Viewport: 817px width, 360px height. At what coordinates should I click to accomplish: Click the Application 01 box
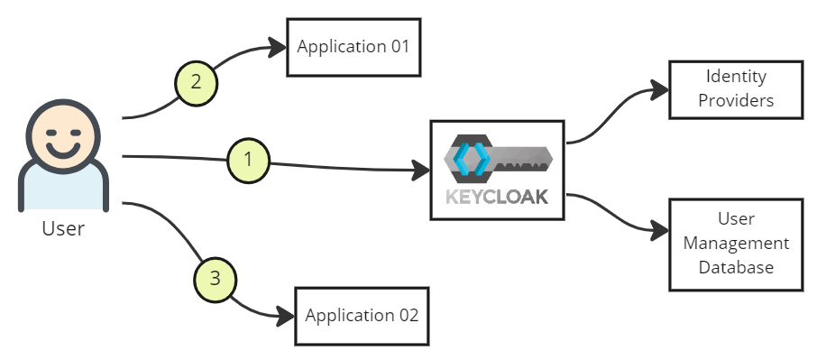[x=353, y=46]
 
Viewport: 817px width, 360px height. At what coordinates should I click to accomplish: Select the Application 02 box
[x=362, y=316]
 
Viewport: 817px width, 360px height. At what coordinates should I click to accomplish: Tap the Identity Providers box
[x=735, y=89]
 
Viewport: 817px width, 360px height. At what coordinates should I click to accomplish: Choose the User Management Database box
[x=735, y=244]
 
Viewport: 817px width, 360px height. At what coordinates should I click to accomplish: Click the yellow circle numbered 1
[x=250, y=161]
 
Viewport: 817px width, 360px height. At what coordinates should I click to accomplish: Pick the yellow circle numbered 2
[x=197, y=82]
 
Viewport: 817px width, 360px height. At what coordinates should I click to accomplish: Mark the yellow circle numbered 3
[x=215, y=278]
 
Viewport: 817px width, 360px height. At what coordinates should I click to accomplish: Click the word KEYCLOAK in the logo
[x=497, y=197]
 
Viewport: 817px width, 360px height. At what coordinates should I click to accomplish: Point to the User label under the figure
[x=63, y=228]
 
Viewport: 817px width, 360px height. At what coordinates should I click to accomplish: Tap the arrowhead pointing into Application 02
[x=286, y=316]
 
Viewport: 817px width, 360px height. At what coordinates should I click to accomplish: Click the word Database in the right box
[x=736, y=267]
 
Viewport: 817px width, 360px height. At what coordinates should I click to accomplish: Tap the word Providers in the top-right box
[x=736, y=100]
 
